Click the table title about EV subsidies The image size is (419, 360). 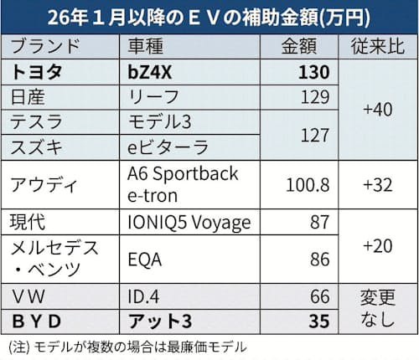[209, 14]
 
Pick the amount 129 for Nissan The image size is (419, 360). [315, 97]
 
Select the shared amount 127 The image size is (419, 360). [315, 134]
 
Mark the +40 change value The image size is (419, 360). [375, 110]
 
